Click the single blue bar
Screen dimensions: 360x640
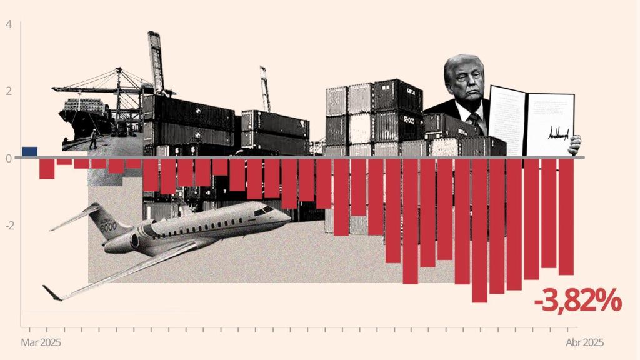(x=29, y=151)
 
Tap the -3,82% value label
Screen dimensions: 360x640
(x=577, y=302)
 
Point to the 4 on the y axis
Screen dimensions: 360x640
(x=8, y=25)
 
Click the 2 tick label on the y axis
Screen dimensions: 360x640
(x=8, y=91)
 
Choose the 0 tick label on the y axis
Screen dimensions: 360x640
(x=8, y=157)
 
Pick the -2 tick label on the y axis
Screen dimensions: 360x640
(x=8, y=225)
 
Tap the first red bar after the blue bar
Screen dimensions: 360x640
(x=47, y=169)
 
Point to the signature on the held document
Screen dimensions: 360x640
(x=560, y=133)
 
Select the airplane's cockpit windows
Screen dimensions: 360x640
(x=263, y=211)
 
